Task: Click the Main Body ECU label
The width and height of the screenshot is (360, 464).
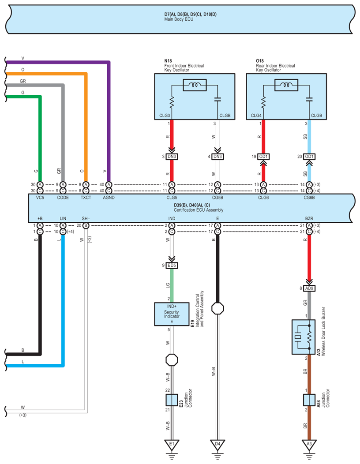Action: pyautogui.click(x=179, y=19)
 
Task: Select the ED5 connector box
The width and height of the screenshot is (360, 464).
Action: pyautogui.click(x=172, y=266)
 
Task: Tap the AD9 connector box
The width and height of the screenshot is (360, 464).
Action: pyautogui.click(x=309, y=288)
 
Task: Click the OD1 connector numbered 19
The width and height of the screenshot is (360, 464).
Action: pyautogui.click(x=263, y=157)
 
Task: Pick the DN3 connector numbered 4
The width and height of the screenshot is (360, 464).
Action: pyautogui.click(x=217, y=157)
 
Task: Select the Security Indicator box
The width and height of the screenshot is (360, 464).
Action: pyautogui.click(x=172, y=314)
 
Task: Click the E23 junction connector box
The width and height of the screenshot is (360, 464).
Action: pyautogui.click(x=172, y=400)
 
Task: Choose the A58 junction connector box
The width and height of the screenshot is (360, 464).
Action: pyautogui.click(x=309, y=400)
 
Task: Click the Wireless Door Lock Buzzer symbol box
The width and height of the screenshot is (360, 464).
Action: pyautogui.click(x=304, y=337)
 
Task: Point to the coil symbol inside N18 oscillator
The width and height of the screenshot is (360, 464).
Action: pyautogui.click(x=195, y=85)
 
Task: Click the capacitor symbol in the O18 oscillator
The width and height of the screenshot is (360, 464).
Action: pyautogui.click(x=309, y=99)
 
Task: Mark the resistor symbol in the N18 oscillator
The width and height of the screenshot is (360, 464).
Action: pyautogui.click(x=172, y=102)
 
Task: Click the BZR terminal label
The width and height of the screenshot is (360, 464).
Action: pyautogui.click(x=309, y=218)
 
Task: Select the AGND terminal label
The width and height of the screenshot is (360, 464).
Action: pyautogui.click(x=109, y=198)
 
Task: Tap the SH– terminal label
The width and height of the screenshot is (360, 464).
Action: pyautogui.click(x=86, y=218)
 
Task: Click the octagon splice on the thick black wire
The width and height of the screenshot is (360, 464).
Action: pyautogui.click(x=217, y=309)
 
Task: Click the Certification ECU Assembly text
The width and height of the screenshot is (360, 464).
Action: pyautogui.click(x=199, y=210)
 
